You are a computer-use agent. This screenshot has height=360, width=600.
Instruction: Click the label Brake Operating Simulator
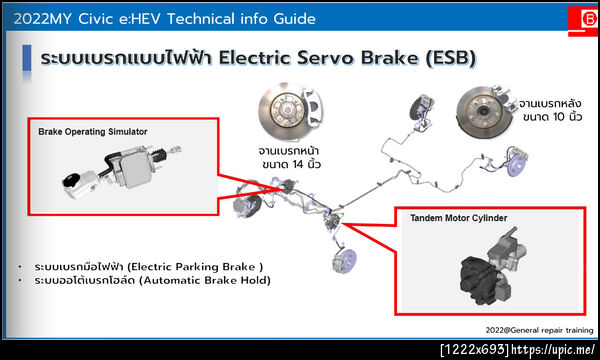pos(93,132)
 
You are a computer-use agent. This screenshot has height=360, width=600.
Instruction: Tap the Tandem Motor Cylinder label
pos(458,218)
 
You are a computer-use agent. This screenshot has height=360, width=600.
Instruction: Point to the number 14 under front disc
pos(298,165)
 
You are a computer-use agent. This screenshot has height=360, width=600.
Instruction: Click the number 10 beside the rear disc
pos(559,117)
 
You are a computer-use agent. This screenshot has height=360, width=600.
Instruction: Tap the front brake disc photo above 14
pos(290,110)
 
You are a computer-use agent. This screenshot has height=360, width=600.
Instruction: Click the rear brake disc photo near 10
pos(485,112)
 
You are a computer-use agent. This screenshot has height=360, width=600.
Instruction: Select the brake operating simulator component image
pos(122,171)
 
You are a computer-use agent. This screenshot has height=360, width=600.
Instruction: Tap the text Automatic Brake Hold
pos(205,280)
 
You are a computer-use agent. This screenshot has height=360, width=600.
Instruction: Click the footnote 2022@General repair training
pos(539,330)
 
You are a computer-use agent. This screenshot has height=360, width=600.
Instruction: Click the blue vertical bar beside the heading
pos(27,58)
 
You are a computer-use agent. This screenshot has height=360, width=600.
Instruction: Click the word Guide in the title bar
pos(294,19)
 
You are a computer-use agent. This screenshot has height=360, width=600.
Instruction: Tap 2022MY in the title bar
pos(42,19)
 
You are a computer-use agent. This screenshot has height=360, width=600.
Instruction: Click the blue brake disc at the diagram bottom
pos(344,261)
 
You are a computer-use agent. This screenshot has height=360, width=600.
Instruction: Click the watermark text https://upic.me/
pos(553,350)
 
